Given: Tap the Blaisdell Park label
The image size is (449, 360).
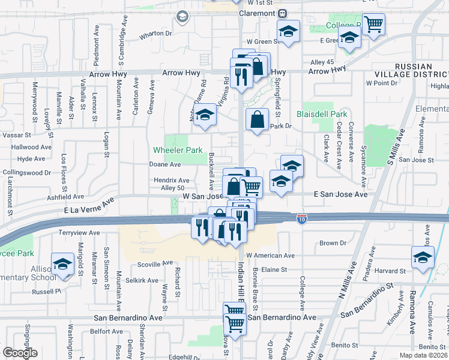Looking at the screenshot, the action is [322, 114].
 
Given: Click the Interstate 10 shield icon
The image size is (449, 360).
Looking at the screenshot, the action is [303, 220].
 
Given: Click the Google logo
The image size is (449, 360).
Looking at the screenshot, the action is [20, 353].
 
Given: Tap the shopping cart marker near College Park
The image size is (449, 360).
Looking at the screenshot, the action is [373, 25].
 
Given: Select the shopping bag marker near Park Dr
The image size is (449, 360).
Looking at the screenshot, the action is [258, 119].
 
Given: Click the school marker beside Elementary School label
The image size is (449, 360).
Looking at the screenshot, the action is [62, 264].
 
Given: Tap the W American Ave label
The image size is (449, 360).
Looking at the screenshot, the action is [270, 255].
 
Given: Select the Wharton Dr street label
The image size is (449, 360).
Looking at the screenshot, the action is [155, 34].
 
